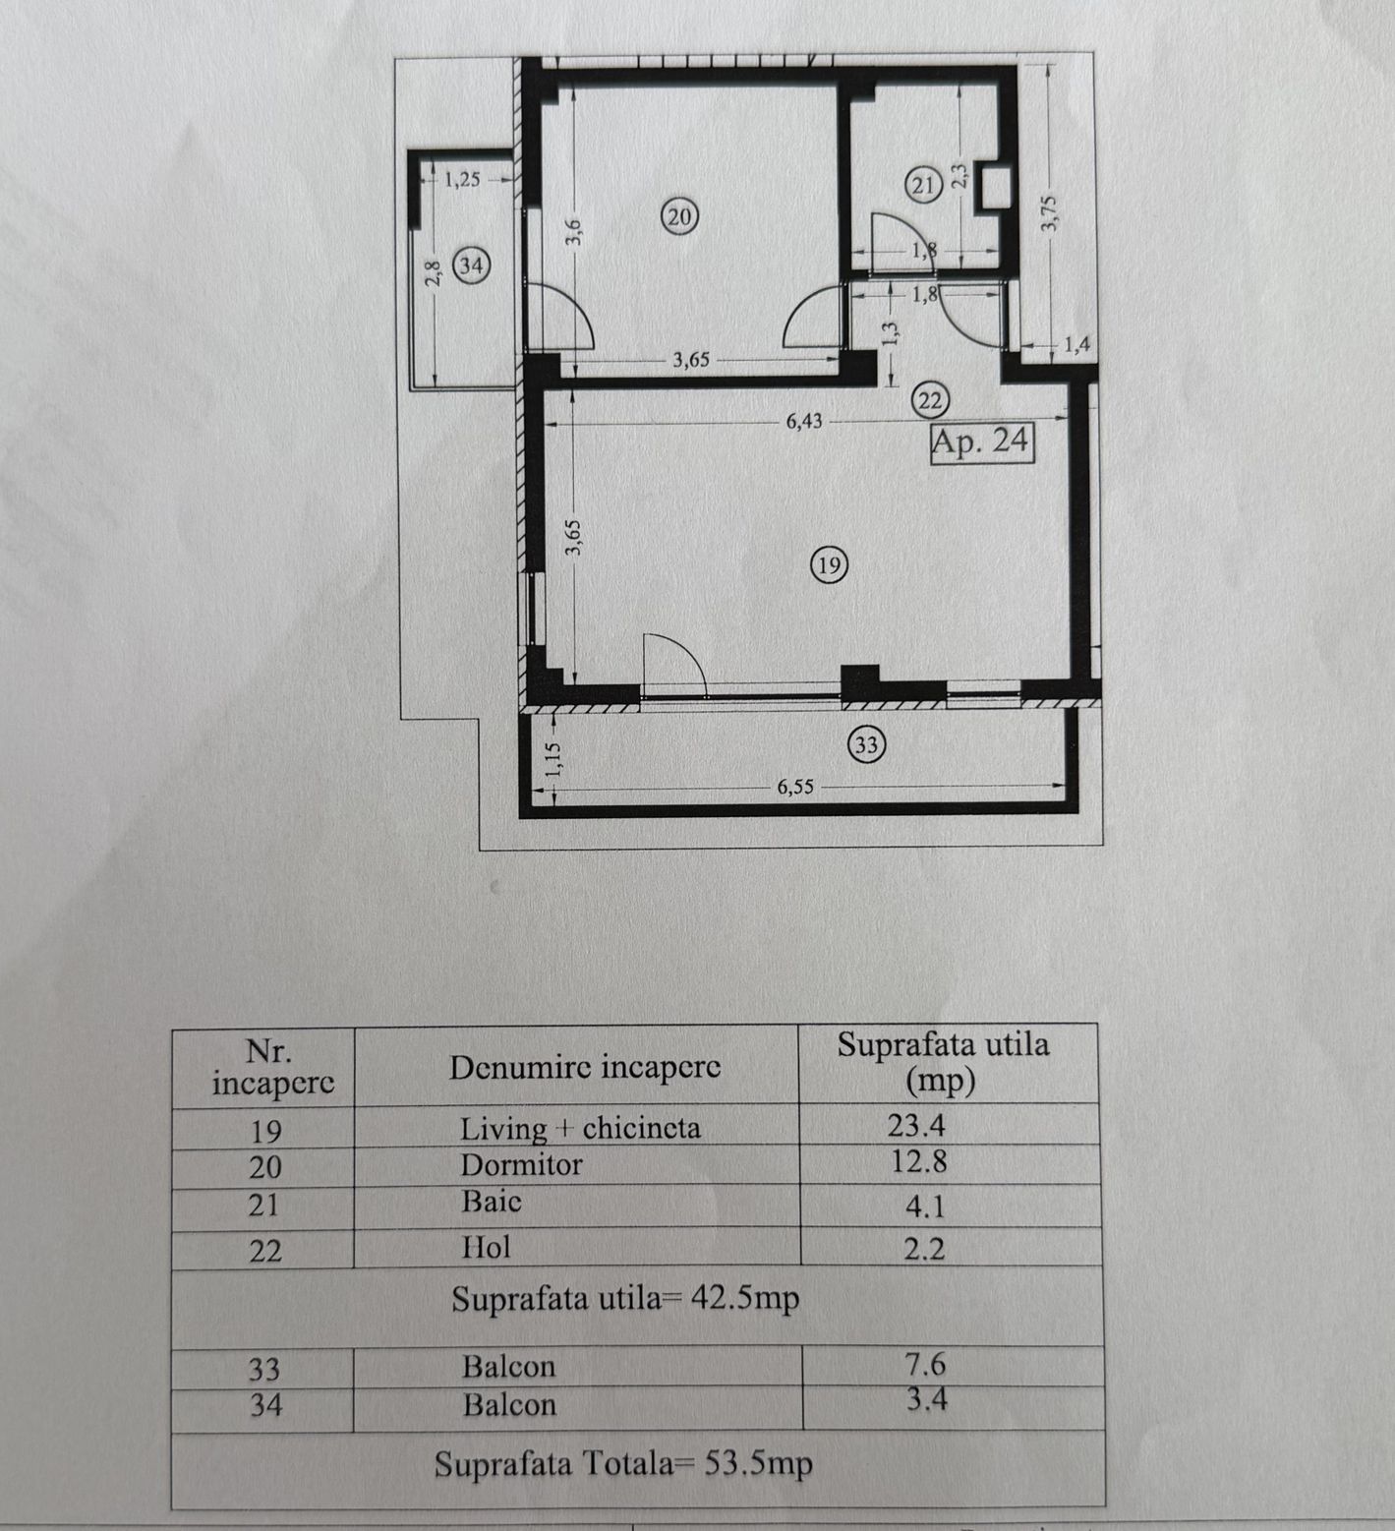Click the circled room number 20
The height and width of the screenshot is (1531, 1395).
pos(680,215)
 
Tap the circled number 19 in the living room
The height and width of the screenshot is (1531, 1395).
pos(829,564)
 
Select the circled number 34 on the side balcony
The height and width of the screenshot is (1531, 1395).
pos(473,265)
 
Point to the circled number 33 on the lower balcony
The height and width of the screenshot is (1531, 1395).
pos(866,745)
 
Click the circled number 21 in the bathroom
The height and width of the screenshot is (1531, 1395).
pos(924,185)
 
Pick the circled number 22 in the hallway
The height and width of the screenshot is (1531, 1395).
pos(930,400)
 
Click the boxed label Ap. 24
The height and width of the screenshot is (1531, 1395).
pos(982,441)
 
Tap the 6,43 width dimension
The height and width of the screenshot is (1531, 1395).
pos(804,422)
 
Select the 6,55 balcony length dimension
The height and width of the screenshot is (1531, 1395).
pos(795,787)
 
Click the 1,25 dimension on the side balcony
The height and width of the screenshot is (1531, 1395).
pos(462,180)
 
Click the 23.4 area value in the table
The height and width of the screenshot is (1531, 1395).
pos(916,1124)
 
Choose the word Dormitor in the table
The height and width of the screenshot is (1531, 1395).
pos(521,1165)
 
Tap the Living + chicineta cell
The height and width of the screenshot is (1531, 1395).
pos(580,1128)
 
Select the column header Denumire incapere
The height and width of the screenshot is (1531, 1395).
pos(585,1067)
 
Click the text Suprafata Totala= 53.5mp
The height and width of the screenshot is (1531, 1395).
pos(624,1465)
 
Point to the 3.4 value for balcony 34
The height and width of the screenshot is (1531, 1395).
pos(927,1398)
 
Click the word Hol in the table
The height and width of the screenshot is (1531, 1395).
pos(487,1248)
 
